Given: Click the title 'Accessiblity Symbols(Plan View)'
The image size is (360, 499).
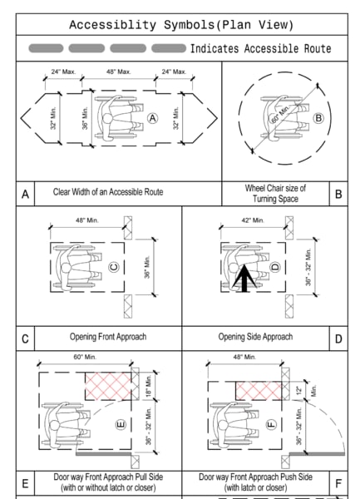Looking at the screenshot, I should click(x=180, y=24).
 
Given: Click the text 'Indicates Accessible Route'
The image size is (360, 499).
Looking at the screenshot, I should click(x=260, y=49).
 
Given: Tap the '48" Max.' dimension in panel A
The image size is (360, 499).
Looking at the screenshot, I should click(x=117, y=72).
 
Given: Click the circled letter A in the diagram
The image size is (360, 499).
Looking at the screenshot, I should click(x=152, y=118).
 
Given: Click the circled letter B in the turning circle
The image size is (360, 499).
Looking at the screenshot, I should click(x=318, y=117).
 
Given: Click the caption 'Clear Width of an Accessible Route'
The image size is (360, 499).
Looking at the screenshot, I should click(x=109, y=192).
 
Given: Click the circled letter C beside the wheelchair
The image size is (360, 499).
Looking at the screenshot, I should click(x=113, y=267).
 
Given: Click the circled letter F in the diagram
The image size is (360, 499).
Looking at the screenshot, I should click(x=271, y=423).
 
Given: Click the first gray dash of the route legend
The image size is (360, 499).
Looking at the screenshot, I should click(x=45, y=49).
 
